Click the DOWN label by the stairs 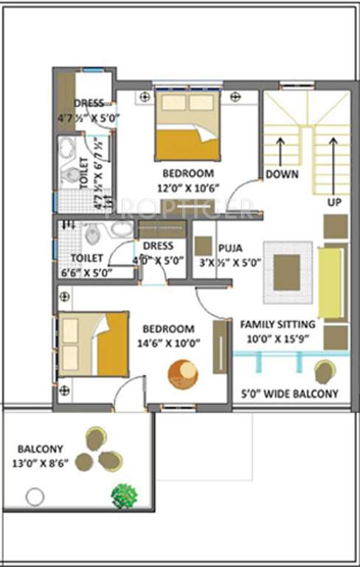point(282,175)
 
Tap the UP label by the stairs point(334,201)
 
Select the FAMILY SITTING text point(277,324)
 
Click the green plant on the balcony point(124,495)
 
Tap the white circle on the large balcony point(35,497)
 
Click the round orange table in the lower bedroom point(182,374)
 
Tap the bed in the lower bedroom point(93,344)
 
